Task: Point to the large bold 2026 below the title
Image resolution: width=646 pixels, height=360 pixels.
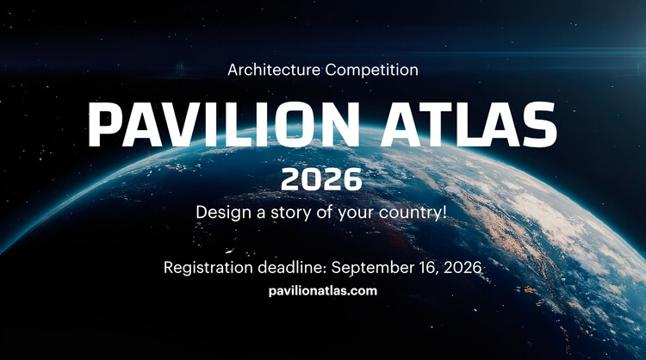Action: (x=322, y=180)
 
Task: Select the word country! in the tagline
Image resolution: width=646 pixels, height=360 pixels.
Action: (x=416, y=212)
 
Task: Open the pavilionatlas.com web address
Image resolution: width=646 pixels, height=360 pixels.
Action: (x=323, y=291)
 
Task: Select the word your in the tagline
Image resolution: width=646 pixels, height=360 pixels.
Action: (x=356, y=212)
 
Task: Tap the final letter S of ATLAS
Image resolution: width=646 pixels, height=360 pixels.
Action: (x=538, y=125)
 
